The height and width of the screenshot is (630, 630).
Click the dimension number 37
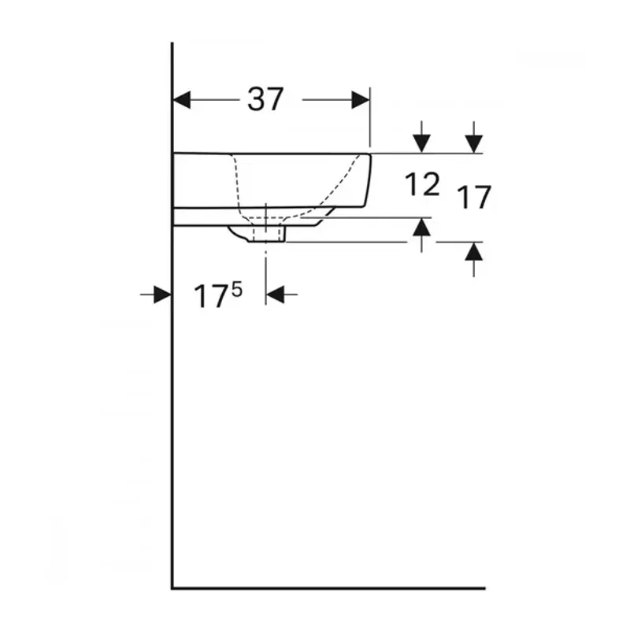(265, 99)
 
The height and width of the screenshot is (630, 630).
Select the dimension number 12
(422, 184)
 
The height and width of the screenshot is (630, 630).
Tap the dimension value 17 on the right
(474, 198)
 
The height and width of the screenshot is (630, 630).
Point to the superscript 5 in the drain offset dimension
(237, 289)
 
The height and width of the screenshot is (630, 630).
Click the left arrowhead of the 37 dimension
(182, 100)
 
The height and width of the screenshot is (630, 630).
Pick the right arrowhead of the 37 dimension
(361, 100)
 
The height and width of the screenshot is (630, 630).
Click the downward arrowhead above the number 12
(421, 144)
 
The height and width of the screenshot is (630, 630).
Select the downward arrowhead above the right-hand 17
(474, 144)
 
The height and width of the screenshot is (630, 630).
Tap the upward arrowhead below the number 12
(421, 227)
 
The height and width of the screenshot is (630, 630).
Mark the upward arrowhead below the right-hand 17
(474, 251)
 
